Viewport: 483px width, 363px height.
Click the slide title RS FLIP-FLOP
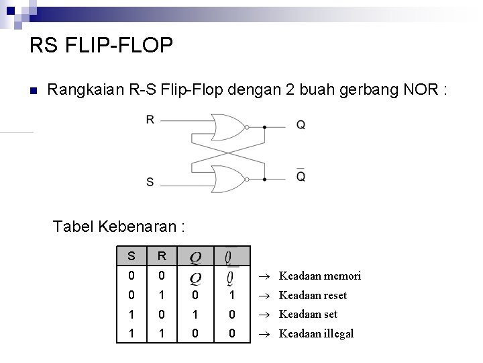pos(101,46)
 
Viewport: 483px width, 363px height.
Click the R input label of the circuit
pos(150,120)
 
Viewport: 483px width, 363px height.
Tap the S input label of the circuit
pos(150,182)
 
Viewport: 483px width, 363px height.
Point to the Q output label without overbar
pos(301,126)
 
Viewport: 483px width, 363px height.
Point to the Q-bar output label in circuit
pos(301,176)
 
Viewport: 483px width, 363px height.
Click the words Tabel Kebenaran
pos(119,226)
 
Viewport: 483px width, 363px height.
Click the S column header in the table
pos(131,256)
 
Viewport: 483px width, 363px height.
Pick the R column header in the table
pos(161,256)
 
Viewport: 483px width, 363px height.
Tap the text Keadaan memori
pos(320,276)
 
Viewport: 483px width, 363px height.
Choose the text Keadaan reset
pos(313,295)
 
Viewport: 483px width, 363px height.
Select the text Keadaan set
pos(308,314)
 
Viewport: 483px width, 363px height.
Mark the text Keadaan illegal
pos(316,333)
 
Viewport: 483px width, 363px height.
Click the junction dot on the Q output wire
pos(265,126)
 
